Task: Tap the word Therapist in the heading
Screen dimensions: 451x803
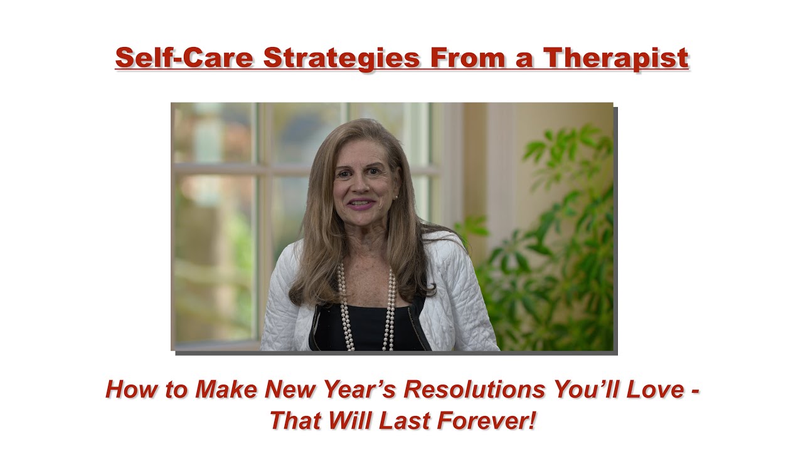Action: pos(616,58)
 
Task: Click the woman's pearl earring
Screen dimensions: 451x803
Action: pos(396,197)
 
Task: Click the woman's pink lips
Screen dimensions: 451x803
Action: pos(362,205)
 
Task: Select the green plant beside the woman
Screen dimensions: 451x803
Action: pos(552,251)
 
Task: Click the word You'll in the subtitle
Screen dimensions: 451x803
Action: pos(580,390)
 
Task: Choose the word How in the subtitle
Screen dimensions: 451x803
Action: pos(127,390)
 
